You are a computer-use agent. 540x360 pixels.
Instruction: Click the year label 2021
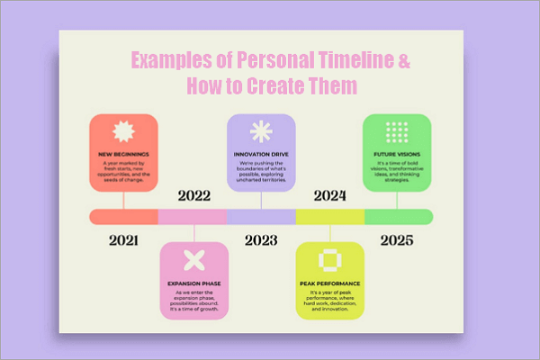(123, 240)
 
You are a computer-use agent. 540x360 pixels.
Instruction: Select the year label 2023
(261, 240)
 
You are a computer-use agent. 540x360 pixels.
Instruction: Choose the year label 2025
(398, 240)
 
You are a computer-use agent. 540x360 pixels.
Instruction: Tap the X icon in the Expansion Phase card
(193, 261)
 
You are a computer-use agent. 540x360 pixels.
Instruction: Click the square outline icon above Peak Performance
(329, 259)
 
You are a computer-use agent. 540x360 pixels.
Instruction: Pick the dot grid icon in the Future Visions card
(397, 132)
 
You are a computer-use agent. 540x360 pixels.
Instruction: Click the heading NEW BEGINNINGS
(124, 154)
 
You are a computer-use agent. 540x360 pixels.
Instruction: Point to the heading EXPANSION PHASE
(193, 283)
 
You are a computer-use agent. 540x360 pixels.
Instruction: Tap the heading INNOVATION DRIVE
(261, 154)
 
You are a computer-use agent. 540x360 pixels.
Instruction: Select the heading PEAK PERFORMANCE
(329, 283)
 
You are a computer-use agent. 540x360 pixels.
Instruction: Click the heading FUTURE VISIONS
(397, 154)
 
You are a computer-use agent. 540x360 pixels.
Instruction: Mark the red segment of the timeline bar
(123, 217)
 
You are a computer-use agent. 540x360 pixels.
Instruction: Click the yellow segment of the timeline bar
(329, 217)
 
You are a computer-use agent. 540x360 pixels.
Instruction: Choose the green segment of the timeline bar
(399, 217)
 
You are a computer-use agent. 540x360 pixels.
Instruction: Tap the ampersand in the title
(404, 61)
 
